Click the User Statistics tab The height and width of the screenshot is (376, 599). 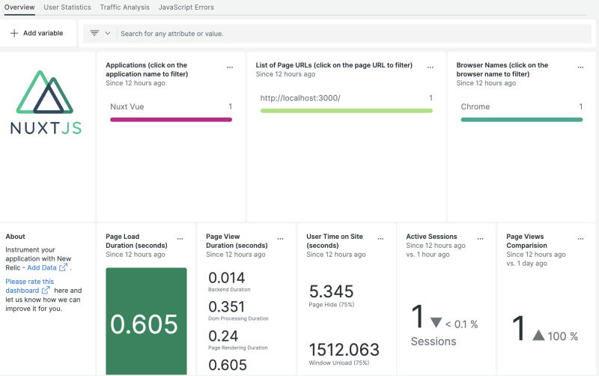tap(67, 7)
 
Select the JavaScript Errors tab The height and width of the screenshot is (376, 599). tap(186, 7)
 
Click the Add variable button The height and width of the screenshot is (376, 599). tap(37, 34)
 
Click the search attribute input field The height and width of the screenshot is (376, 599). tap(299, 34)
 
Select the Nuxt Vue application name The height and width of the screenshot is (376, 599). tap(127, 107)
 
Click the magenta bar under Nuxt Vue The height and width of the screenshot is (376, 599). tap(171, 119)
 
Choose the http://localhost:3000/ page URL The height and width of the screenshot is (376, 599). tap(300, 98)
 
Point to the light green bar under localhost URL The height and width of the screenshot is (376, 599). tap(346, 111)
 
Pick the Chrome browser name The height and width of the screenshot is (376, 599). tap(475, 107)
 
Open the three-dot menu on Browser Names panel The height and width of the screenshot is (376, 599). tap(581, 67)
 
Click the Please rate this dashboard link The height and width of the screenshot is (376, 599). tap(29, 285)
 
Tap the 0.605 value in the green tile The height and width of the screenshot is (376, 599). tap(145, 324)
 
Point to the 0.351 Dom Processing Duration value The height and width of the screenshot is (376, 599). tap(227, 306)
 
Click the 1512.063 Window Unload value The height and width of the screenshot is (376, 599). tap(344, 350)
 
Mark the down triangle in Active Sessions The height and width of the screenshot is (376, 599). tap(437, 323)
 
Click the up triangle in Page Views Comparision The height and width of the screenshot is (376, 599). tap(538, 336)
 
